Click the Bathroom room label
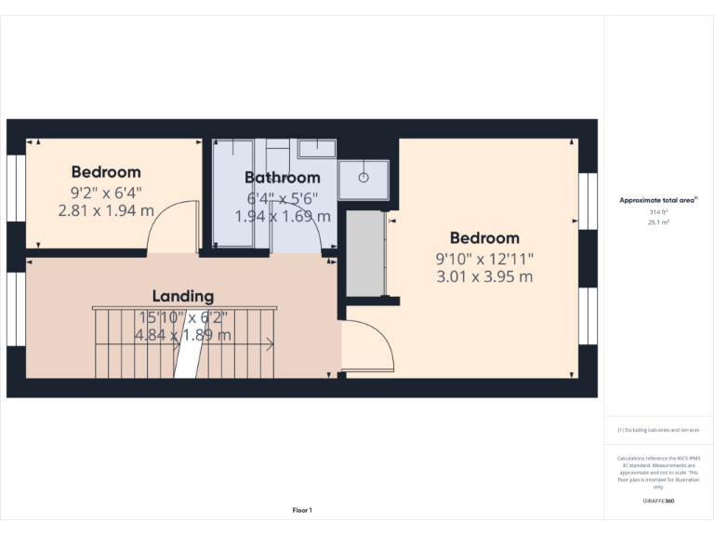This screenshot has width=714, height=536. (x=283, y=177)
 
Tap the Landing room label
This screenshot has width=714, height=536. (x=183, y=296)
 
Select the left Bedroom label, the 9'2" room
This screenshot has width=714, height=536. (x=106, y=171)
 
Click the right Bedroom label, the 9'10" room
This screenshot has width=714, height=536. (x=483, y=237)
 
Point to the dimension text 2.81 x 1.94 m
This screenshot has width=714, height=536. (x=106, y=210)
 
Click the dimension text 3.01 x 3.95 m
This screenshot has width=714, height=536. (x=483, y=276)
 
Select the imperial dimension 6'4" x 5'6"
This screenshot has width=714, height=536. (x=283, y=197)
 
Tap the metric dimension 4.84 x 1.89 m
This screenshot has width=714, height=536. (x=183, y=335)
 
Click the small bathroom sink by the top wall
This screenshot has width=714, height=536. (x=317, y=148)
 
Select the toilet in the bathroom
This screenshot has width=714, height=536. (x=277, y=150)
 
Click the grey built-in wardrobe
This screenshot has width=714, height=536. (x=365, y=253)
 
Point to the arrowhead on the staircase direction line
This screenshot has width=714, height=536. (x=270, y=345)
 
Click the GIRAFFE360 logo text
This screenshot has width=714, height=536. (x=658, y=501)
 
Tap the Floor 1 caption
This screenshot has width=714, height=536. (x=302, y=510)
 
